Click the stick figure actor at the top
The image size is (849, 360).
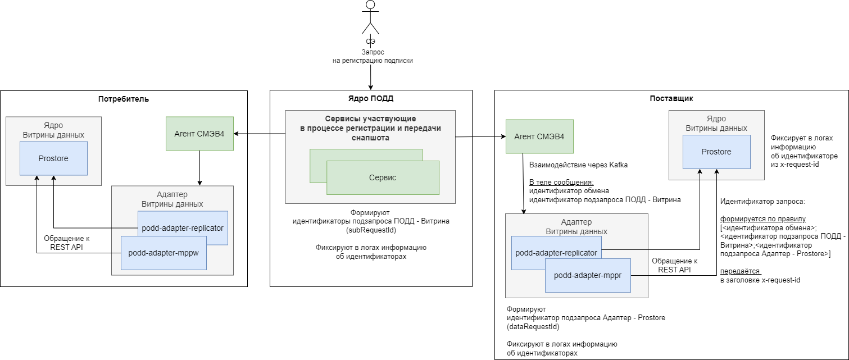[370, 18]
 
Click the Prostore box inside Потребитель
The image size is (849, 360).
[53, 158]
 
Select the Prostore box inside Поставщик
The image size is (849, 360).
[716, 152]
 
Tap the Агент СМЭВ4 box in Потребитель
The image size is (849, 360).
[199, 134]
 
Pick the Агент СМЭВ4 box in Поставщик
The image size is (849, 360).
[539, 136]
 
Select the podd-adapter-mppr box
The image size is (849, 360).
[587, 275]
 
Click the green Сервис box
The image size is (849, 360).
[382, 177]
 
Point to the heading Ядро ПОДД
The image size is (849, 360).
[370, 98]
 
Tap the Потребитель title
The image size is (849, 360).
[124, 99]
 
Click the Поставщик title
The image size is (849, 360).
[671, 98]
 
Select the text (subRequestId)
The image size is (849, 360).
[371, 230]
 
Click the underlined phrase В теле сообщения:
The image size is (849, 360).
[561, 183]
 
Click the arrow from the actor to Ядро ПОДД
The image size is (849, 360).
[370, 76]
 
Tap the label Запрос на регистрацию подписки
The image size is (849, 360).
[373, 56]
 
